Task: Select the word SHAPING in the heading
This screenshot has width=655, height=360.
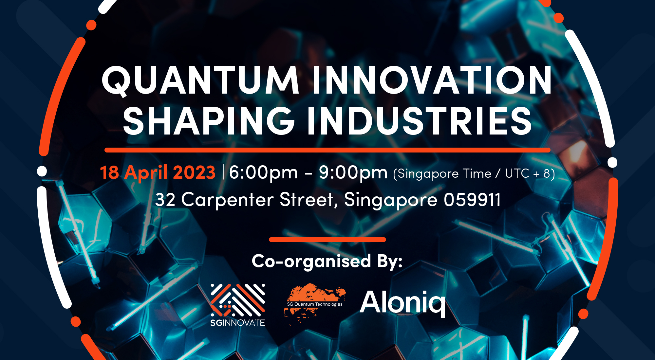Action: (x=209, y=121)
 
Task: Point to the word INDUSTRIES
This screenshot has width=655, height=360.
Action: (x=420, y=121)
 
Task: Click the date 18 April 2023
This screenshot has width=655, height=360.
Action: (x=158, y=172)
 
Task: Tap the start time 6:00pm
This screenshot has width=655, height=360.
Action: (x=263, y=172)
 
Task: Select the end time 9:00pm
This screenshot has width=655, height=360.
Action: (x=353, y=172)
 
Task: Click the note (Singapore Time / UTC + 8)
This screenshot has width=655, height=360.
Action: (x=474, y=173)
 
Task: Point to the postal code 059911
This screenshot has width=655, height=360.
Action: (x=472, y=200)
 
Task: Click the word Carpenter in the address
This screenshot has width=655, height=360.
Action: (x=227, y=200)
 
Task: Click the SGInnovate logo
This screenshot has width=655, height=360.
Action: (x=238, y=305)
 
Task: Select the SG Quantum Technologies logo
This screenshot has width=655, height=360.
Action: (x=315, y=303)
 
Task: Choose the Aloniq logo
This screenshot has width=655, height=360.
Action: (x=402, y=303)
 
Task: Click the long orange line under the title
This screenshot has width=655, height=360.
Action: (x=327, y=150)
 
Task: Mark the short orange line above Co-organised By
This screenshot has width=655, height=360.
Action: (x=327, y=240)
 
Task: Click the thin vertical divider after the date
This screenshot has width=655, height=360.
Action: (x=223, y=172)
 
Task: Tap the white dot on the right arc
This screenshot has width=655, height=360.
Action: (x=612, y=163)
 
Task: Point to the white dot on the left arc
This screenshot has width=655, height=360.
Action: (x=42, y=171)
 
